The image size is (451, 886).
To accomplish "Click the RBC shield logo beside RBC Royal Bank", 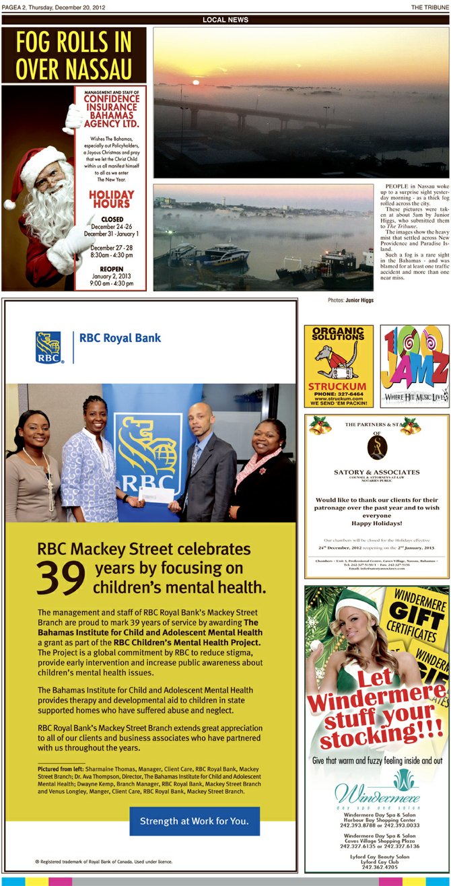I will tap(48, 347).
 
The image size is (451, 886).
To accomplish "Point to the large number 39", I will tap(61, 577).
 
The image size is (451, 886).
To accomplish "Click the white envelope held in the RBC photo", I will tap(153, 496).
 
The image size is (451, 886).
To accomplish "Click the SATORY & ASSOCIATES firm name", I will tap(376, 472).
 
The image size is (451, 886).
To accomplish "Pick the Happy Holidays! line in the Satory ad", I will tap(376, 522).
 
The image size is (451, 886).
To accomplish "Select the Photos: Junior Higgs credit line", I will tap(351, 300).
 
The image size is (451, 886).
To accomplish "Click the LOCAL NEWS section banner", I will tap(225, 20).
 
